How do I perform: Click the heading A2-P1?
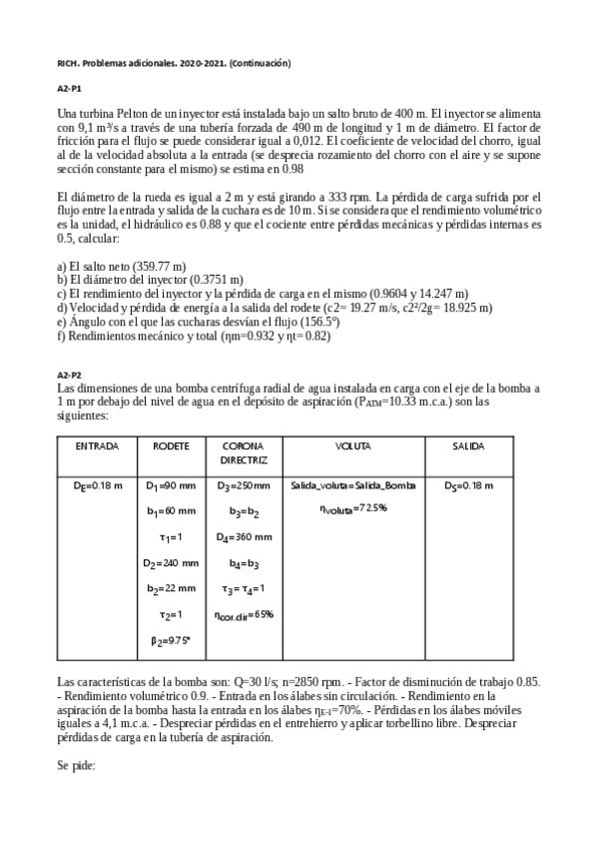[x=70, y=89]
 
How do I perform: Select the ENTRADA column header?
[x=97, y=444]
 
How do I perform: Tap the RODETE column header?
[x=172, y=444]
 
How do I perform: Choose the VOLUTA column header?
[x=352, y=444]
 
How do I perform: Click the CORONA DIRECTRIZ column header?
[x=244, y=452]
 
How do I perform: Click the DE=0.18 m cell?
[x=98, y=486]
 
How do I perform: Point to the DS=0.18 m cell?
[x=469, y=486]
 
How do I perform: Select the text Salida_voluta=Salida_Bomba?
[x=352, y=486]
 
